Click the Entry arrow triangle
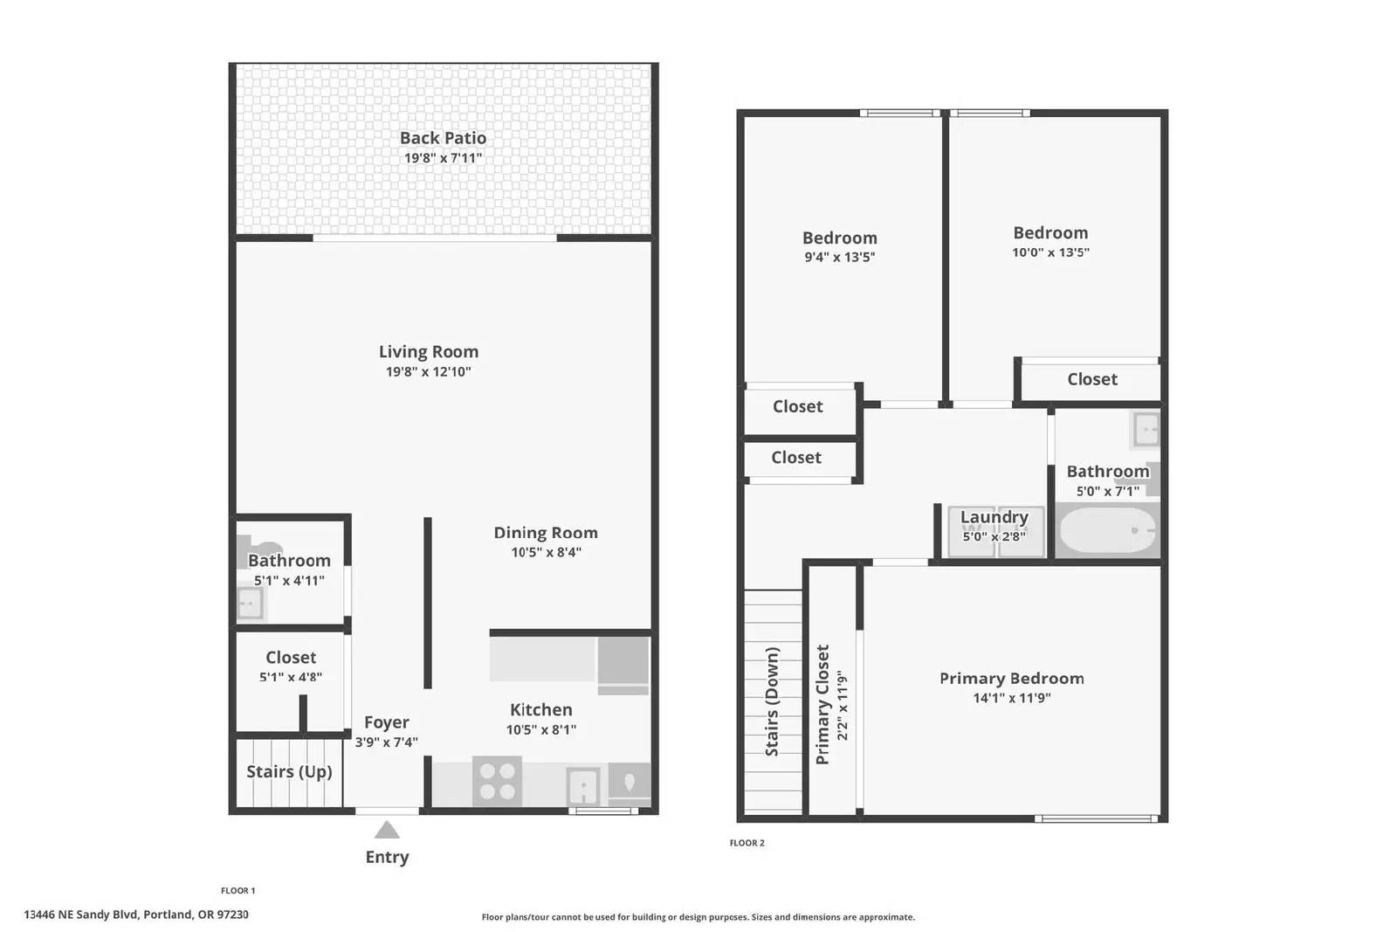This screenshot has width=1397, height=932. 387,830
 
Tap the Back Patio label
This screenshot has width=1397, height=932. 443,138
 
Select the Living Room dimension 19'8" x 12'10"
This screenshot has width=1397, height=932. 429,372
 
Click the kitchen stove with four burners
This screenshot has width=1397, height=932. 497,781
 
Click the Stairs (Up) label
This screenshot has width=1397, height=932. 289,771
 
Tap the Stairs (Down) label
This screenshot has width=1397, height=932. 772,701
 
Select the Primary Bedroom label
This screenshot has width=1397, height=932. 1012,678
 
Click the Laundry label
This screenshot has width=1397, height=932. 994,517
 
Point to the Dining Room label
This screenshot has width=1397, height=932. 546,533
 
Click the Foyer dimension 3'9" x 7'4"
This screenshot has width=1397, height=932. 387,742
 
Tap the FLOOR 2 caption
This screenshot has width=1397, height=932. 747,843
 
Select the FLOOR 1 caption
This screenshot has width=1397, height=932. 238,890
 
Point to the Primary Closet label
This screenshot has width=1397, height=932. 822,704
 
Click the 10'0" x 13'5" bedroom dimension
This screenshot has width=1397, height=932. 1051,252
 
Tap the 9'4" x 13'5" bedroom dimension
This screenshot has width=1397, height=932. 839,257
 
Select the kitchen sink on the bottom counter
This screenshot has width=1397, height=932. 583,787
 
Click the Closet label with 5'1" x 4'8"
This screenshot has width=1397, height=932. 291,658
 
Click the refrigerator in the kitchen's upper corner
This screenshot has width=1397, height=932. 623,665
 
